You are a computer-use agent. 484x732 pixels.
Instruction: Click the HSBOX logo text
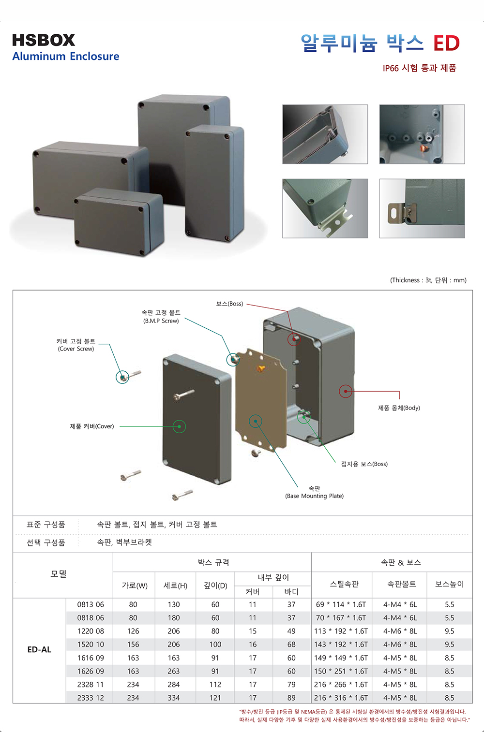pos(44,40)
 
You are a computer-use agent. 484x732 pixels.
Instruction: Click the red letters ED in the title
pos(446,44)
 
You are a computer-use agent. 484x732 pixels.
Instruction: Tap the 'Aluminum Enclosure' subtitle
pos(66,57)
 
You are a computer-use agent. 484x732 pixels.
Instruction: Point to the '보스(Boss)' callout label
pos(229,304)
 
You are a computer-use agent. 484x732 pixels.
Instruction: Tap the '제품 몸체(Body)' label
pos(399,408)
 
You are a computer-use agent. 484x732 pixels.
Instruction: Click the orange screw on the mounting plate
pos(261,369)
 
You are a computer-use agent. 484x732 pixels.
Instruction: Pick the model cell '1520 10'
pos(91,644)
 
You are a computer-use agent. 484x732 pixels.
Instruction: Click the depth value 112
pos(215,685)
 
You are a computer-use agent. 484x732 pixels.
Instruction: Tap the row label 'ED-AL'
pos(39,649)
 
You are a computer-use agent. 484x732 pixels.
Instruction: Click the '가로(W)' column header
pos(135,586)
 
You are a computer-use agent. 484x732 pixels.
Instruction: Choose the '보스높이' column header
pos(449,584)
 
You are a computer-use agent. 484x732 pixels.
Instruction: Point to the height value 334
pos(174,698)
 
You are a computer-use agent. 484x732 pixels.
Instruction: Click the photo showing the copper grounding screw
pos(422,134)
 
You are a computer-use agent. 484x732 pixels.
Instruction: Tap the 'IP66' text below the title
pos(391,68)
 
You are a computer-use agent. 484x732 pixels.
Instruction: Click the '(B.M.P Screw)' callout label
pos(161,321)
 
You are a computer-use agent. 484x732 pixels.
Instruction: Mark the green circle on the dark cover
pos(180,426)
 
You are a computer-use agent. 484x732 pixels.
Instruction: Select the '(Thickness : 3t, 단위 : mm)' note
pos(428,280)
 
